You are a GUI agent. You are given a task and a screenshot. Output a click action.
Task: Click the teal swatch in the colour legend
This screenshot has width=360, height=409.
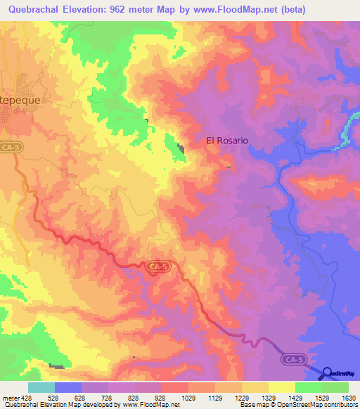(x=41, y=387)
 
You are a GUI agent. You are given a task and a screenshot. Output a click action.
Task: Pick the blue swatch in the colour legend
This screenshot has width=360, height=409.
(x=68, y=387)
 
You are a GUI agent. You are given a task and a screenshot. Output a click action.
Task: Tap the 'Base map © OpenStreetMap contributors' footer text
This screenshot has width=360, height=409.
(x=298, y=405)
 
